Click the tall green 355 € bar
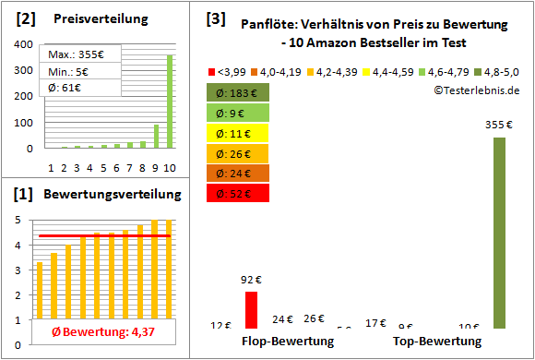pos(499,233)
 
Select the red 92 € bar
pos(251,309)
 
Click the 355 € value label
pos(499,125)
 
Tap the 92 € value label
pos(251,278)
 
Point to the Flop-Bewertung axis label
pos(288,342)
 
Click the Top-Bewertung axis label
pos(437,342)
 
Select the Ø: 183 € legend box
pos(239,92)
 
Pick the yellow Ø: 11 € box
pos(239,133)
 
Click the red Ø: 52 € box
pos(239,193)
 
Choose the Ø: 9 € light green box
pos(239,113)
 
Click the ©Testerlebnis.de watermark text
pos(476,90)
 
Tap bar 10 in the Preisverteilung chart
pos(170,101)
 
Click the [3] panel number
pos(216,18)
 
